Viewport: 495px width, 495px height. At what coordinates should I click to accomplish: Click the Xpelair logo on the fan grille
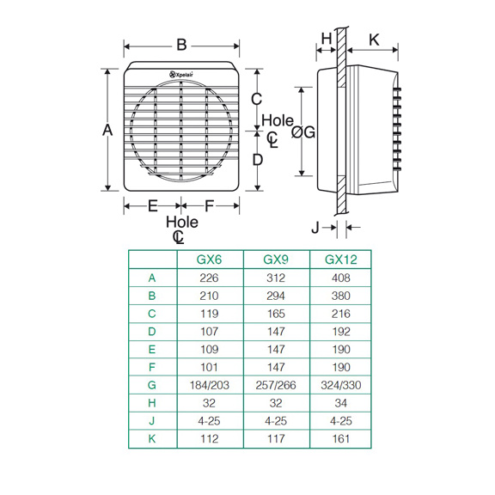tap(190, 74)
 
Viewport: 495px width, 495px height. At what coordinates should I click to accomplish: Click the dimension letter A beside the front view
tap(107, 130)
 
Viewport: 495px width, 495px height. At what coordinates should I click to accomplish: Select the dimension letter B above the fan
tap(181, 45)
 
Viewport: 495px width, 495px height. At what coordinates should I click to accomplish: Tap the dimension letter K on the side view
tap(375, 40)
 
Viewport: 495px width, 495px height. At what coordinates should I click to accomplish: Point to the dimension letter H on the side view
tap(327, 40)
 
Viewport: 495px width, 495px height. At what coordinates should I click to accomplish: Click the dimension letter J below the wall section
tap(315, 227)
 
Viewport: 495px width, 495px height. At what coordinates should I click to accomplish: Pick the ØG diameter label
tap(303, 131)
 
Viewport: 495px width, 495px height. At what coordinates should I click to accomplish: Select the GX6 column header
tap(210, 259)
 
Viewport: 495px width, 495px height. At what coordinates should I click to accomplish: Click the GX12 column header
tap(341, 259)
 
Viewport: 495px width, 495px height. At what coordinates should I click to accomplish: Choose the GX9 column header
tap(276, 259)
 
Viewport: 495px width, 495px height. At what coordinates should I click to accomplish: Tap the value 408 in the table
tap(341, 278)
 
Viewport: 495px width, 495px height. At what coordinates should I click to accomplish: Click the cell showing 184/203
tap(210, 384)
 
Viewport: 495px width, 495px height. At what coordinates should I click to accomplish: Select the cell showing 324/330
tap(341, 384)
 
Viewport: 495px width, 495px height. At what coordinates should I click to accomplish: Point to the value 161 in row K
tap(341, 438)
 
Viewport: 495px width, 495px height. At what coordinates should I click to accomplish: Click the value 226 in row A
tap(210, 278)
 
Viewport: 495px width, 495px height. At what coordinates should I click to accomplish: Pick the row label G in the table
tap(152, 384)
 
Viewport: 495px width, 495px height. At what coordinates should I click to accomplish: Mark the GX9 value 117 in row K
tap(276, 438)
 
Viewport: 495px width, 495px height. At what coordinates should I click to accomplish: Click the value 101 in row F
tap(210, 367)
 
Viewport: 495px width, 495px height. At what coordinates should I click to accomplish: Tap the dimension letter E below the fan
tap(152, 205)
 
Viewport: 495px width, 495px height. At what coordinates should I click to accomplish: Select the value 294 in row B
tap(276, 296)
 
